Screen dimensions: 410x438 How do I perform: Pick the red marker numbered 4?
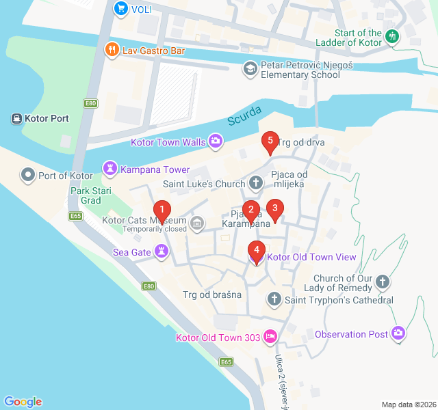257,251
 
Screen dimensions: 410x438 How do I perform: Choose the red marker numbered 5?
270,142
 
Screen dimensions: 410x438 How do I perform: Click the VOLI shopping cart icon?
120,9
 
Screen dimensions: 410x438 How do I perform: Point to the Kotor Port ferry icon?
16,118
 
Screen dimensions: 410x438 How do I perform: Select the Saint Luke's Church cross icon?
255,184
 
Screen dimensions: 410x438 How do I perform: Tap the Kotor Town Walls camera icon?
216,142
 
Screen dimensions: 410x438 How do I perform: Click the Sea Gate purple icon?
161,252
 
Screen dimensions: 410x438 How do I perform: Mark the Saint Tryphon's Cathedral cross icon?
274,299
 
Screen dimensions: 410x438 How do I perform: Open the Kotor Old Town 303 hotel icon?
270,337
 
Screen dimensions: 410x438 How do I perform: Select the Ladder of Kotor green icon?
392,37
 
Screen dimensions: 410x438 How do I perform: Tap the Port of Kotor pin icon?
28,176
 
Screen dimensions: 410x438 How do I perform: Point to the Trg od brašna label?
212,295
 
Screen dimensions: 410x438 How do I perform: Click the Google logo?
23,402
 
